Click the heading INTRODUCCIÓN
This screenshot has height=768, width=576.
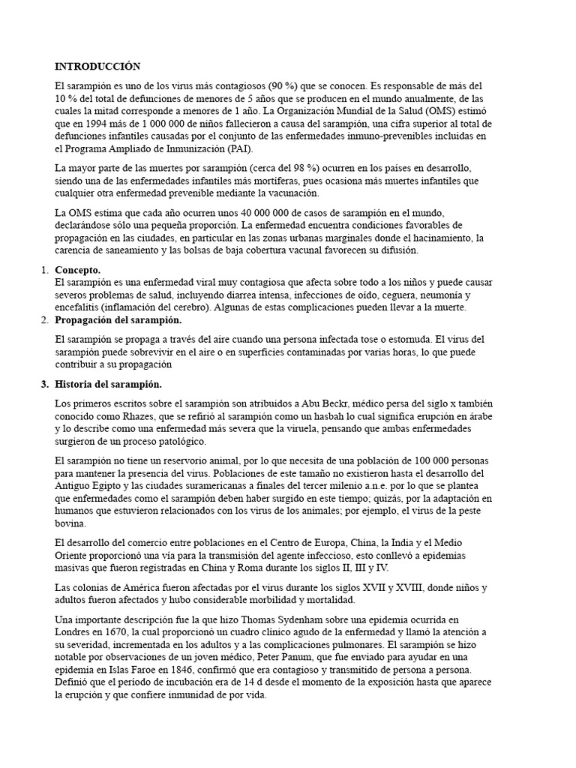pos(97,67)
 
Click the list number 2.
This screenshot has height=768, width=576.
pos(44,320)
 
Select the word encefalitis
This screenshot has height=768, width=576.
pos(79,307)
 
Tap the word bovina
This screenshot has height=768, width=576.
pos(70,524)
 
